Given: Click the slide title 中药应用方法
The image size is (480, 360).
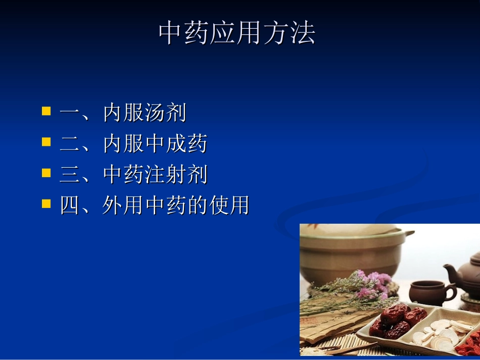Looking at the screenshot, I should (x=237, y=33).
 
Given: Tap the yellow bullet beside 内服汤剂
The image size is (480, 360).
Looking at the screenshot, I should (x=46, y=111).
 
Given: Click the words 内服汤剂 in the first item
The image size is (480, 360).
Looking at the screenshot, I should (x=145, y=113).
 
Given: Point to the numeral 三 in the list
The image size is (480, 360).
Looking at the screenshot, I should (x=70, y=175).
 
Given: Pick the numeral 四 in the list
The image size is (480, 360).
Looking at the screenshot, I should (x=70, y=205).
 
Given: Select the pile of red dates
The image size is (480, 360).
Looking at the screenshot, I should (x=397, y=321).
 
